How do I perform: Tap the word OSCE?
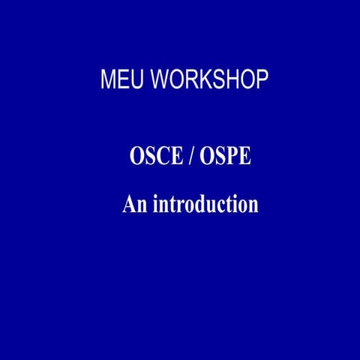[154, 158]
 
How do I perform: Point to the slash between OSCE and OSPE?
[190, 158]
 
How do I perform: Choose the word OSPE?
[226, 158]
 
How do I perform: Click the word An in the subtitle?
[134, 204]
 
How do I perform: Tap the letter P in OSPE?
[229, 158]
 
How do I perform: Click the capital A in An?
[129, 204]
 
